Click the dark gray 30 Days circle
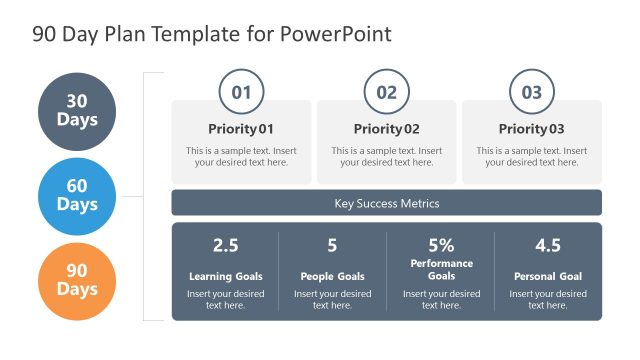click(77, 111)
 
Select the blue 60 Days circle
click(77, 196)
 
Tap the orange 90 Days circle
click(77, 280)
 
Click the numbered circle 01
click(241, 93)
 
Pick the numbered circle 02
click(386, 93)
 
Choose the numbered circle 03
click(532, 93)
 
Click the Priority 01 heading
click(241, 129)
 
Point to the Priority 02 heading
click(386, 129)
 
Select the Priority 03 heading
click(532, 129)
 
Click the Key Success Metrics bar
click(386, 203)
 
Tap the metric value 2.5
click(226, 246)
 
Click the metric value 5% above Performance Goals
click(441, 246)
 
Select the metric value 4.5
click(548, 246)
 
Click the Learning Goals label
click(226, 276)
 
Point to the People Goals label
click(332, 276)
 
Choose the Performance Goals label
click(441, 270)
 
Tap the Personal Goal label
click(548, 276)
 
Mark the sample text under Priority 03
click(532, 157)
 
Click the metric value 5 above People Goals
click(332, 246)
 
